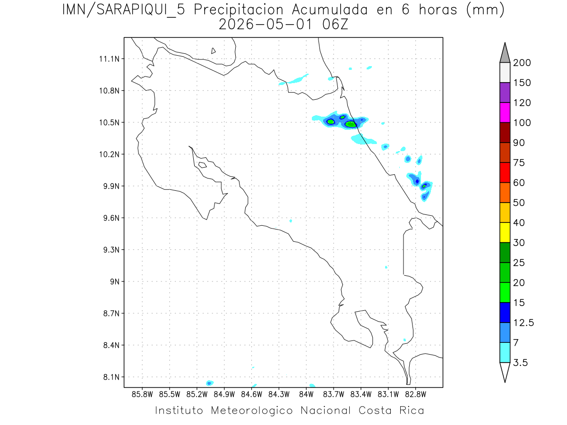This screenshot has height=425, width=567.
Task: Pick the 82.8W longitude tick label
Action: (x=415, y=394)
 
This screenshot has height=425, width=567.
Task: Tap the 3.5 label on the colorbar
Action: (x=521, y=363)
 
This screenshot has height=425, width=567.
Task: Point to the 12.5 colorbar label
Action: (x=523, y=323)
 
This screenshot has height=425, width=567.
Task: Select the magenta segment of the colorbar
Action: (x=505, y=112)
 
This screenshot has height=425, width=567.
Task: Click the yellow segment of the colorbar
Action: (x=505, y=232)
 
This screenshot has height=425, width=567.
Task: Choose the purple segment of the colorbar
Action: (x=505, y=93)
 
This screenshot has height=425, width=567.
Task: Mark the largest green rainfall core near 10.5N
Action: (x=351, y=124)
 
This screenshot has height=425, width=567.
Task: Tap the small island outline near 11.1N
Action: (x=214, y=51)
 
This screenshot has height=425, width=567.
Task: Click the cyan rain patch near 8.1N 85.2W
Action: (x=209, y=382)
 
